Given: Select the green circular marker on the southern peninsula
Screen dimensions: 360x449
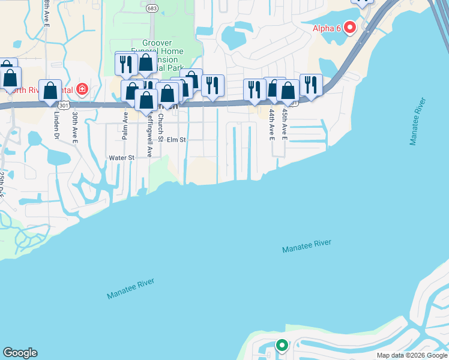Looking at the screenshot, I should click(x=281, y=346).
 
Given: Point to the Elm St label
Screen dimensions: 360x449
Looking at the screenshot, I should click(x=176, y=140).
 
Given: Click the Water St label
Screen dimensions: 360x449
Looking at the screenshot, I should click(x=121, y=158).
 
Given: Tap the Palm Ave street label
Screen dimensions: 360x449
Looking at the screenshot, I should click(x=125, y=125).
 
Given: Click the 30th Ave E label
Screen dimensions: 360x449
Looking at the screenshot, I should click(x=75, y=127).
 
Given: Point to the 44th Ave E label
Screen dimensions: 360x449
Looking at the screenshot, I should click(x=272, y=124).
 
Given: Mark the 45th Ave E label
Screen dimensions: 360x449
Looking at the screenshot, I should click(x=285, y=124).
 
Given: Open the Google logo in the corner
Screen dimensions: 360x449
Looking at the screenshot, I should click(x=20, y=353).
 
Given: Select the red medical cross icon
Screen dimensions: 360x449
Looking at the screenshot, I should click(x=82, y=90).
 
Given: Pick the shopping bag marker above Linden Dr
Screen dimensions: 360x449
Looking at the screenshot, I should click(x=50, y=91).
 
